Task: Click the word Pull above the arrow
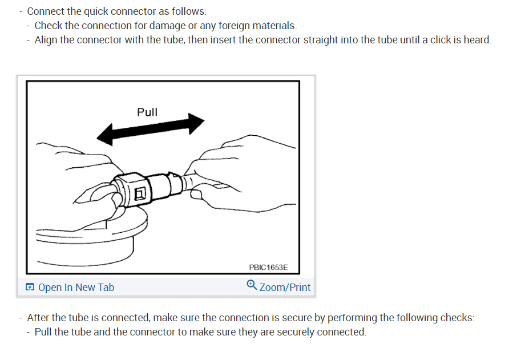point(147,112)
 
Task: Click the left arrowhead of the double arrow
point(104,135)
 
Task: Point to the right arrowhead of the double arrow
point(196,123)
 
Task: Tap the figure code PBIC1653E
point(268,268)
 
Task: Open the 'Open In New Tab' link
point(76,288)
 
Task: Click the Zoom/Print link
point(285,288)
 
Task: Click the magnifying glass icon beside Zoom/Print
point(252,285)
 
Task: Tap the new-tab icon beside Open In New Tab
point(30,287)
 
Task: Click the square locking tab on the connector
point(140,193)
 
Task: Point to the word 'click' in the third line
point(441,40)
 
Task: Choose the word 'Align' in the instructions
point(46,40)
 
